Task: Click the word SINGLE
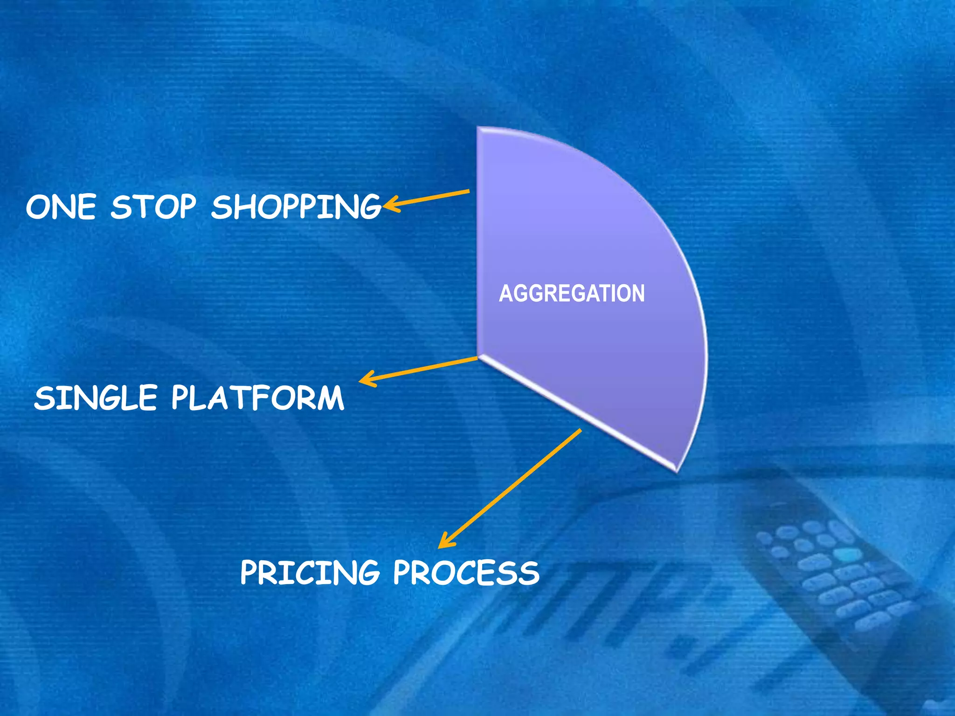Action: [x=95, y=398]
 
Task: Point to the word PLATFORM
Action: [x=257, y=398]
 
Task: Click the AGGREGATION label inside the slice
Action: [x=572, y=294]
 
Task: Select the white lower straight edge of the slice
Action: [x=578, y=413]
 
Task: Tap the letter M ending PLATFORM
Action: [x=329, y=398]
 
